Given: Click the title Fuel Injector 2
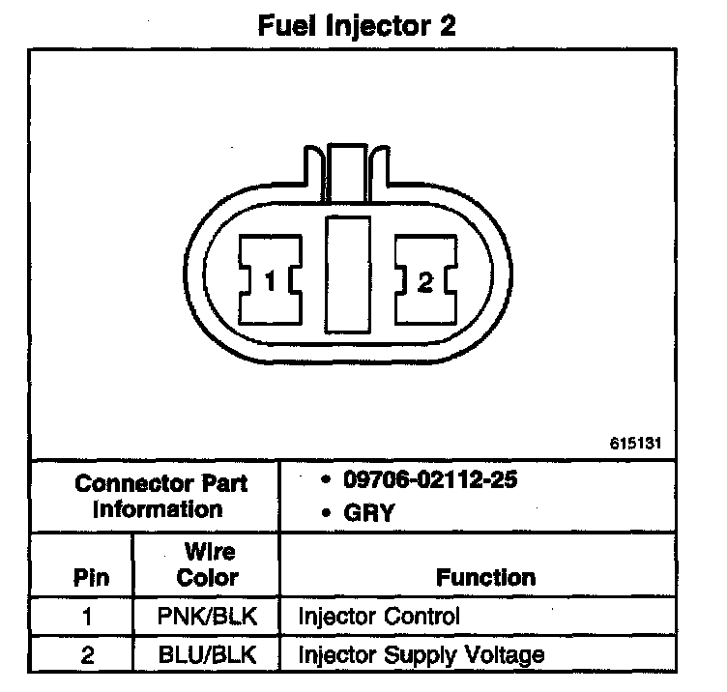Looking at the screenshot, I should [356, 26].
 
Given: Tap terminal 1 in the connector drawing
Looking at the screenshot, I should [272, 281].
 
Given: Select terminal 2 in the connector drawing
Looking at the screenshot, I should [425, 281].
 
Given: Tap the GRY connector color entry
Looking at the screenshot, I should [367, 512].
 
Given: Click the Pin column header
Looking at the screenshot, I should [92, 578].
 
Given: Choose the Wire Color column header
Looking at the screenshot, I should [208, 565].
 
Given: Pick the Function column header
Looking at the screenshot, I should [485, 578].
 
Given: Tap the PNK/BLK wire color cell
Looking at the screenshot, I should [208, 616].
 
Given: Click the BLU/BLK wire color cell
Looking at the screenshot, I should [208, 654].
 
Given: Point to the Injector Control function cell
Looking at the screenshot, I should [379, 616].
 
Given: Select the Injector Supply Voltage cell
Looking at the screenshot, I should [421, 654].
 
